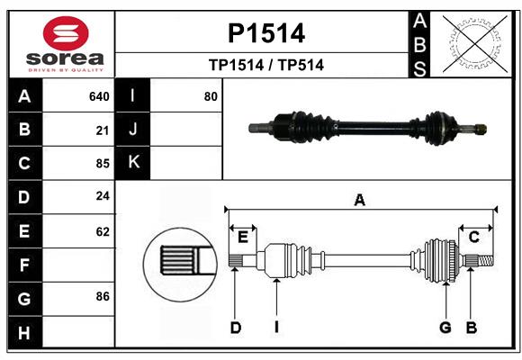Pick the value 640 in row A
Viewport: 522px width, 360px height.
(x=99, y=96)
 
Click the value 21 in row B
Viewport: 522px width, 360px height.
(x=103, y=130)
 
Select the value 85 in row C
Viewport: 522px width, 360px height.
(x=103, y=164)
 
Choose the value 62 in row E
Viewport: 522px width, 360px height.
(x=103, y=231)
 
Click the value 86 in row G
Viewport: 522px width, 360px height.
(x=103, y=295)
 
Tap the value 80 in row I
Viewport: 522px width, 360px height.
(x=211, y=96)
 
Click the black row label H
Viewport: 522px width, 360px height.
(x=24, y=333)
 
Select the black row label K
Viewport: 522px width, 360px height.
(x=133, y=163)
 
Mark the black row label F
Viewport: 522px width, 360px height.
(x=24, y=265)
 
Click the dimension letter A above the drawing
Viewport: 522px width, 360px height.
(x=360, y=201)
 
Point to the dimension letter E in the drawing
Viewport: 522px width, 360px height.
(x=242, y=237)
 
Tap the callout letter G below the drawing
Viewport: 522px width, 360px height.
(x=445, y=328)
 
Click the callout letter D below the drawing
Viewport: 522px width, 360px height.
(x=235, y=328)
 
